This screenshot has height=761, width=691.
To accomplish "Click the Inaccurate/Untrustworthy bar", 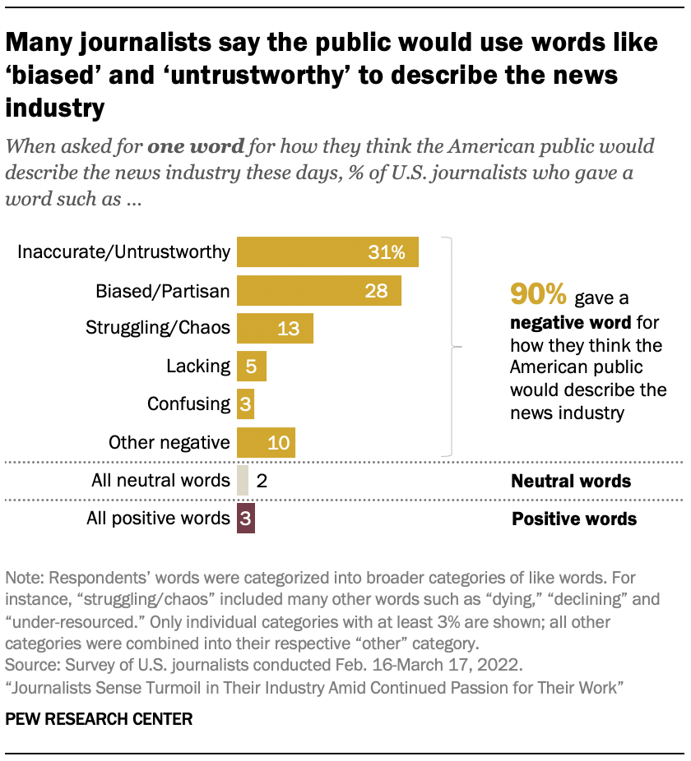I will point(327,251).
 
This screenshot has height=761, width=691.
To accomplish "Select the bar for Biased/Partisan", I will point(318,290).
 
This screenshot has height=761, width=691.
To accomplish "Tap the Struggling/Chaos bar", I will point(275,328).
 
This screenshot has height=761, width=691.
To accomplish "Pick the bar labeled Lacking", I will point(251,366).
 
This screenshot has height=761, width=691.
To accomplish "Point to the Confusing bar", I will point(245,404).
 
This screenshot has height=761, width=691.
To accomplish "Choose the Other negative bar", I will point(266,442).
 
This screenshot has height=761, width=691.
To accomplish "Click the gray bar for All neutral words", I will point(242,481).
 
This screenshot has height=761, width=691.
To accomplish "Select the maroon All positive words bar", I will point(246,519).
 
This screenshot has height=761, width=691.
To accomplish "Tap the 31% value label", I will point(387,252).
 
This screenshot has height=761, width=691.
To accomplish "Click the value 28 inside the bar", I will point(375,290).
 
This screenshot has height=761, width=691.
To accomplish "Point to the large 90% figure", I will point(539,293).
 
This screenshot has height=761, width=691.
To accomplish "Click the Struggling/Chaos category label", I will point(158,328).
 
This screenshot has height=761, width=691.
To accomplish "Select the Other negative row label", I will point(169,442).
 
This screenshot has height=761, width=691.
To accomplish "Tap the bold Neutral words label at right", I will point(570,481).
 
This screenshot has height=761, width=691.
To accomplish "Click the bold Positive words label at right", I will point(574,519).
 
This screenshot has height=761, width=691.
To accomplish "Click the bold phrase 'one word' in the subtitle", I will point(196,147).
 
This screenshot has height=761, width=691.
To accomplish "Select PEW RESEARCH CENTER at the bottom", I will point(99,719).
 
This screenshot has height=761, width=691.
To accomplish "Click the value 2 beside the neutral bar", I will point(262,481).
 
